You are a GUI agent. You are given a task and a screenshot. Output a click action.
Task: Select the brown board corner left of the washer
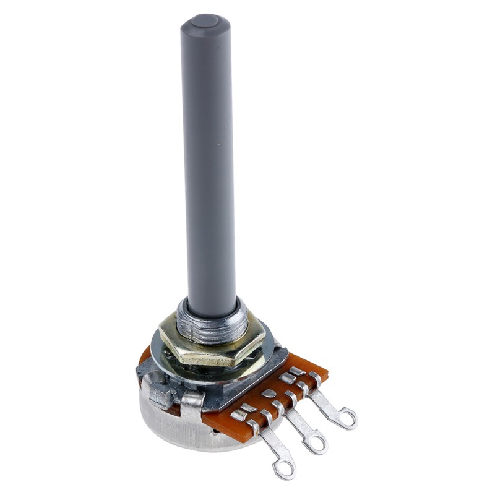pyautogui.click(x=145, y=356)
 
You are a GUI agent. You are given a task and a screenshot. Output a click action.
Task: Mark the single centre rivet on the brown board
pyautogui.click(x=269, y=394)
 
